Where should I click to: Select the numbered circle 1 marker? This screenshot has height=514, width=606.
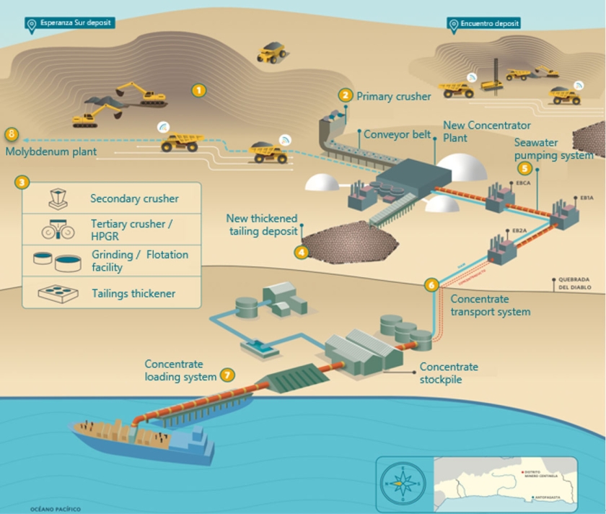click(198, 90)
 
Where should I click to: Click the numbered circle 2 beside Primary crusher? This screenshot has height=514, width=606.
click(346, 95)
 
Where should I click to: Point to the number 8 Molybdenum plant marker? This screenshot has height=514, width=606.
click(12, 134)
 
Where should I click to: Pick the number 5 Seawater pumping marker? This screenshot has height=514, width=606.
click(524, 168)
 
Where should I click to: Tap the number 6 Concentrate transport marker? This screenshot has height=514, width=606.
click(431, 285)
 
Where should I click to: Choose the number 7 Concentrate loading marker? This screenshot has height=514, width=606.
click(228, 375)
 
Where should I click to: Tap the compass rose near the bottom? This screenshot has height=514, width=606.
click(403, 483)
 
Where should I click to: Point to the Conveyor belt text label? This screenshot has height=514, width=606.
click(397, 134)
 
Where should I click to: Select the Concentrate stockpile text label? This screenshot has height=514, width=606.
click(449, 373)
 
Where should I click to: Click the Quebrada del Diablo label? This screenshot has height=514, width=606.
click(574, 283)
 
